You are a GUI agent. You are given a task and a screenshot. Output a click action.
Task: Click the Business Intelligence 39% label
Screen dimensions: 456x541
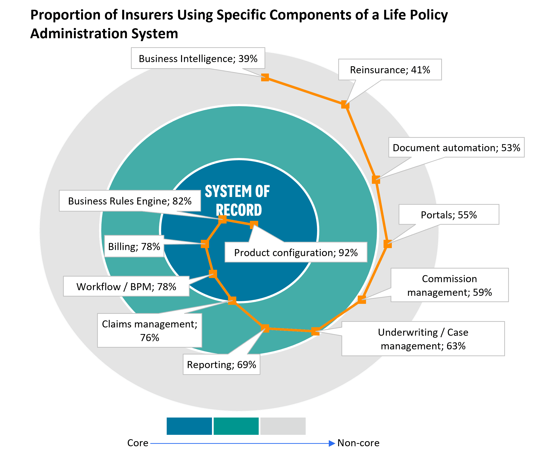198,58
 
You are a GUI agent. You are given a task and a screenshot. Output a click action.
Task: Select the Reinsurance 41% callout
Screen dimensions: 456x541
390,70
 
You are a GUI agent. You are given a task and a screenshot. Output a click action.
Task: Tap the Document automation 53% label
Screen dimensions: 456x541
456,148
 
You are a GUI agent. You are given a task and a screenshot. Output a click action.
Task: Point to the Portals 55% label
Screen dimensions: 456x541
449,215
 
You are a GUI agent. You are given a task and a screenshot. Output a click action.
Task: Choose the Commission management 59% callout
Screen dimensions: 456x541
449,285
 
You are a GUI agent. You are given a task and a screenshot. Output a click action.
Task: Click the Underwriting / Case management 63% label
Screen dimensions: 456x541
423,339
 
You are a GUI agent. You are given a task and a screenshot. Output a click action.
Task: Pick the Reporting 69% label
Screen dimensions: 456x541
221,364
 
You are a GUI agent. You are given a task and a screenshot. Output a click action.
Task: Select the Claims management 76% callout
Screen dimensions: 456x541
150,331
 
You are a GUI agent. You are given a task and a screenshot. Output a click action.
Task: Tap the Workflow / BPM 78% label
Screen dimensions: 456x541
126,286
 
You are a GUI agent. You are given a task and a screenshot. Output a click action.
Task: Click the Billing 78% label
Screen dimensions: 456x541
134,246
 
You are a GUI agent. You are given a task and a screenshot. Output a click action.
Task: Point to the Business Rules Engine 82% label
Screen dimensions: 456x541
130,201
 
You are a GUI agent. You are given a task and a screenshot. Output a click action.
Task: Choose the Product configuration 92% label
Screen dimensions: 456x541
296,252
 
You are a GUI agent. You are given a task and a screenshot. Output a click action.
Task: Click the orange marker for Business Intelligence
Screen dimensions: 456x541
265,77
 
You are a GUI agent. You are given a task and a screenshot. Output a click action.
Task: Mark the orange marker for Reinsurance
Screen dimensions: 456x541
345,104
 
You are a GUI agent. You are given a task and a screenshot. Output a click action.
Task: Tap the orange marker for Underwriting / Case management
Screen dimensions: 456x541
315,331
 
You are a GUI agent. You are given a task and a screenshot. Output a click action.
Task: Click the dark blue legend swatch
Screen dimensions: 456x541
189,426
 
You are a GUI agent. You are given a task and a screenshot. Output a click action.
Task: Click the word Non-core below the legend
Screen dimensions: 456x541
358,443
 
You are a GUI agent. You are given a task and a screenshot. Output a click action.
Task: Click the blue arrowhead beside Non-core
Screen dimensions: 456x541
332,443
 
